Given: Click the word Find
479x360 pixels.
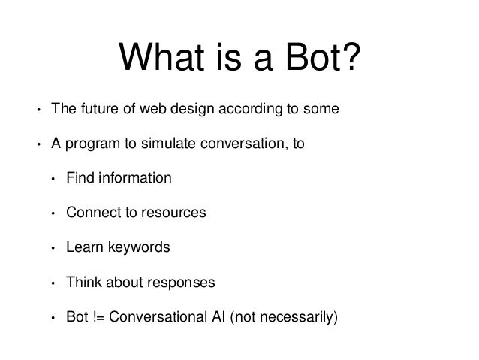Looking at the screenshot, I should [79, 179].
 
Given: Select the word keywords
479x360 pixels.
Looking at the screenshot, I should [133, 248].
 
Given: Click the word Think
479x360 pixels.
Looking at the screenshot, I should [82, 283].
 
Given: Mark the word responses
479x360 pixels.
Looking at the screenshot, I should [180, 283].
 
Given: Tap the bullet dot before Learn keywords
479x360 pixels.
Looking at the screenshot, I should [53, 249].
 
